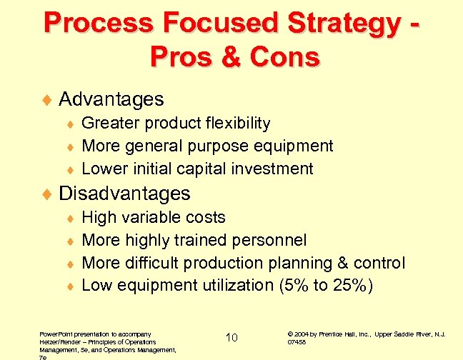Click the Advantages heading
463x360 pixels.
111,99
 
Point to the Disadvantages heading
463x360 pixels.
124,193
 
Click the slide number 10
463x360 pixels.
231,337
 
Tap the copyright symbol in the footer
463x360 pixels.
289,334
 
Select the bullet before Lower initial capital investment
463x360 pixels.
70,170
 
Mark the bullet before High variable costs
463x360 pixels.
70,218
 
